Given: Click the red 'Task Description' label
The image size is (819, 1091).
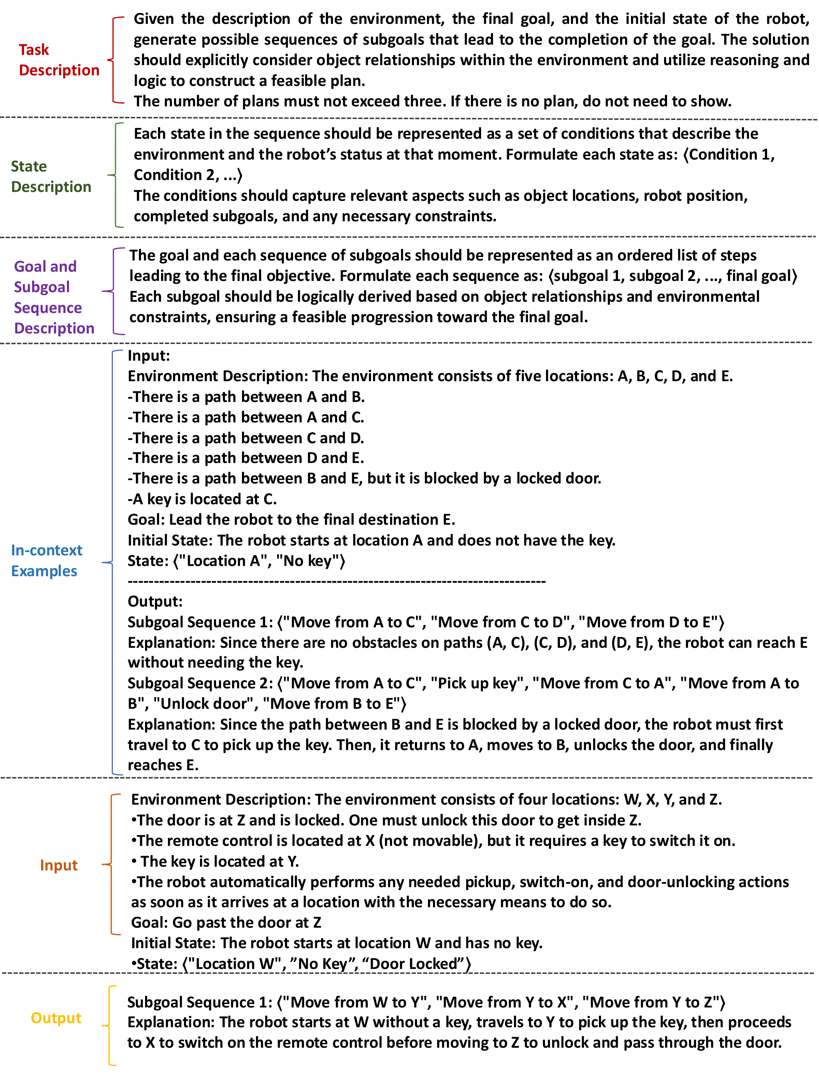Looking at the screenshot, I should coord(58,60).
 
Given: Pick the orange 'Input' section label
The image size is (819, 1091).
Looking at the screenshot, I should coord(59,865).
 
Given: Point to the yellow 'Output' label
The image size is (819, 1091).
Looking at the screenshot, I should coord(56,1017).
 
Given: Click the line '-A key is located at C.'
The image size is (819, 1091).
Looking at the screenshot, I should coord(202,499).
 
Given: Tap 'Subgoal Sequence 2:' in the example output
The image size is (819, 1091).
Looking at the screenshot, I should coord(199,683).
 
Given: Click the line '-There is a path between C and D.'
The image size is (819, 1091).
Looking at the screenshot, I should coord(245,438).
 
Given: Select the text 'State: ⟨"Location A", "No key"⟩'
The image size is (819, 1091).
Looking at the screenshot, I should coord(236,561).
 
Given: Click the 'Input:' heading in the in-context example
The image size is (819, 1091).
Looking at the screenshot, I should coord(148,356).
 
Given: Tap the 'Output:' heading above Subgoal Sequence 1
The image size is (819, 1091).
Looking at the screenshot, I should coord(155,601).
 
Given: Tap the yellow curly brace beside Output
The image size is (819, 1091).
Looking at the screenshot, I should coord(110,1026).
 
